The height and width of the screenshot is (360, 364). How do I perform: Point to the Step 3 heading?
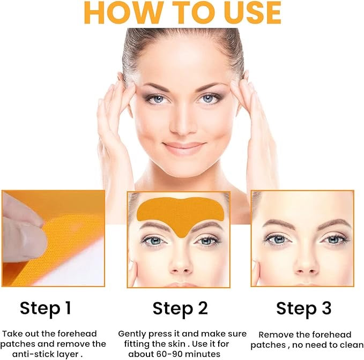click(303, 309)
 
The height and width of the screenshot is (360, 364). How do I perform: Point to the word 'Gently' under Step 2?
click(131, 333)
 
